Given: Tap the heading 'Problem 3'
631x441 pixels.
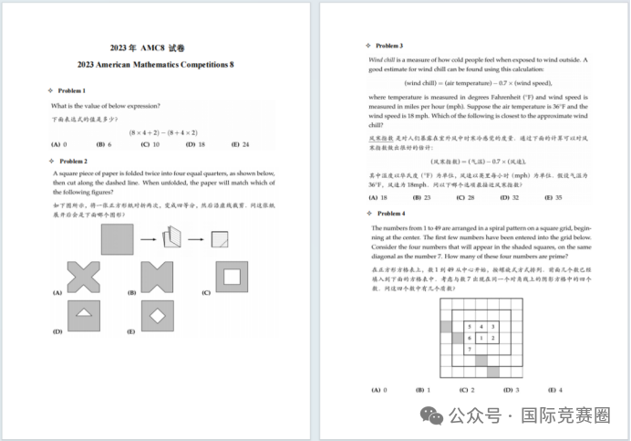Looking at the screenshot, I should (x=389, y=46).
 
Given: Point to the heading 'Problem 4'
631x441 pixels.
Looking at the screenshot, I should (x=389, y=214).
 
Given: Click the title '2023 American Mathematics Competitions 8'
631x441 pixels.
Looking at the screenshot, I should (x=159, y=65).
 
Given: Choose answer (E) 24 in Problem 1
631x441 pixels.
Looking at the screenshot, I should (x=241, y=144).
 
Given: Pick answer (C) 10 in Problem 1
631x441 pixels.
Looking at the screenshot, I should (x=150, y=144).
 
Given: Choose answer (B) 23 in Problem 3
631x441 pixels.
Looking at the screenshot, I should (x=421, y=197).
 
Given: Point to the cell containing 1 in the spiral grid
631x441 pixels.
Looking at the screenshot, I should (x=481, y=338).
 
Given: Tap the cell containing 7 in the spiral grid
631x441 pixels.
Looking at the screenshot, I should (x=470, y=349).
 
